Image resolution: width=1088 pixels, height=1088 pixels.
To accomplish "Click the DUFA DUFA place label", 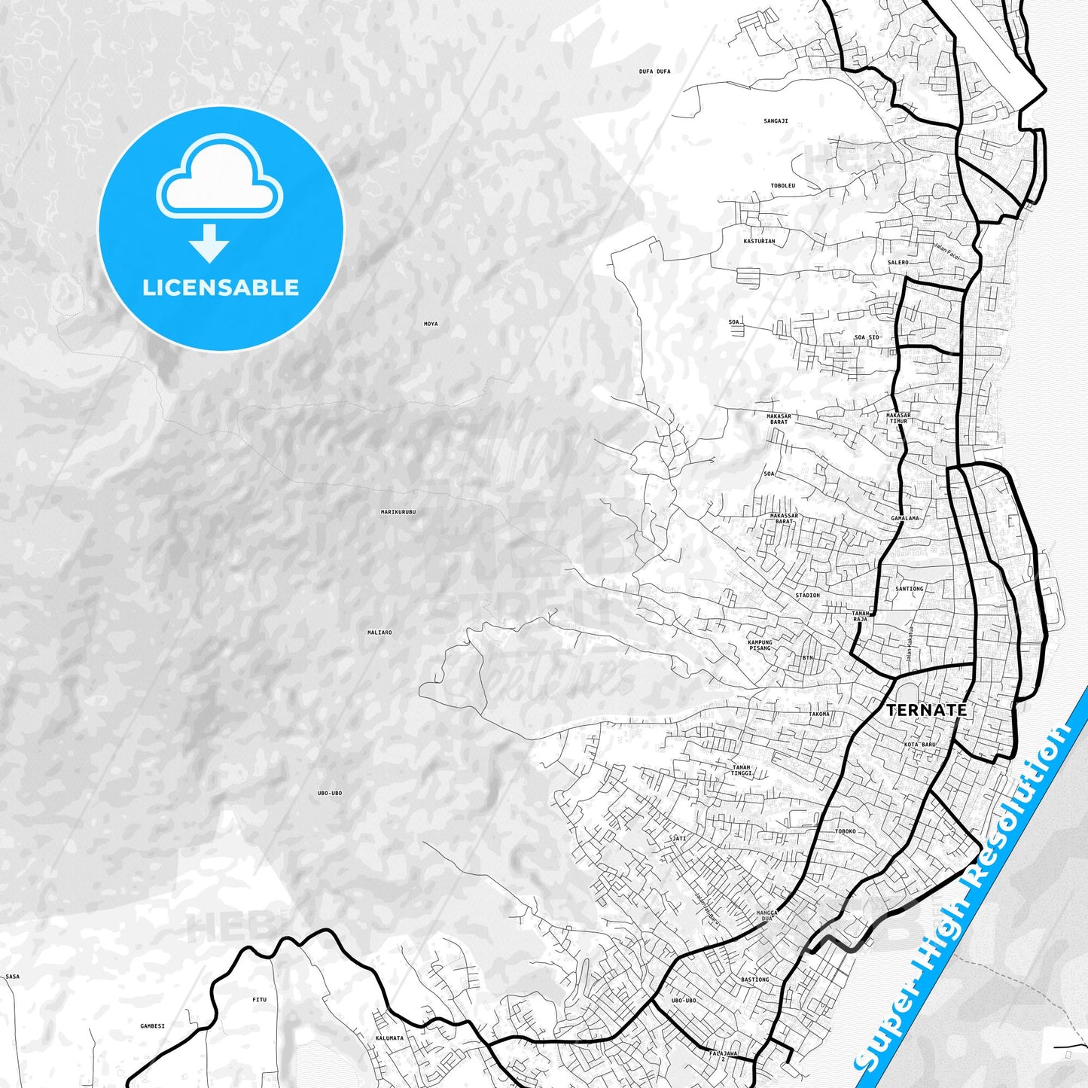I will tap(654, 72).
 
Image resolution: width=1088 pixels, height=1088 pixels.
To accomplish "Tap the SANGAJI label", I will tap(776, 121).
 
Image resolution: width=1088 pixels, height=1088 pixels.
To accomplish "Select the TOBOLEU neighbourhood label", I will tap(783, 185).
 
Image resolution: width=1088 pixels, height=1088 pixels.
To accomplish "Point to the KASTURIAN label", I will tap(759, 242).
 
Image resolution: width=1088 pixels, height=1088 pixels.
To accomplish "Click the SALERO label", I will tap(898, 263).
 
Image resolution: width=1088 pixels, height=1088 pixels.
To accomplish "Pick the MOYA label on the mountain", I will tap(431, 325).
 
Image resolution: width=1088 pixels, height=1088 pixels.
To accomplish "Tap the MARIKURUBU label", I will tap(398, 512).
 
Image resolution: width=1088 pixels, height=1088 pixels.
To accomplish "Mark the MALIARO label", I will tap(379, 632).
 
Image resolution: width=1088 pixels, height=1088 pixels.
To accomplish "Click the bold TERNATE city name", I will tap(926, 710).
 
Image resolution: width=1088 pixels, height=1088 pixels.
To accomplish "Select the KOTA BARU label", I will tap(919, 745).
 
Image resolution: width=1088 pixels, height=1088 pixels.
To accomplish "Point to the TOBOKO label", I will tap(846, 832).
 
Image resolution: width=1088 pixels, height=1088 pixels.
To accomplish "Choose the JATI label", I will tap(679, 838).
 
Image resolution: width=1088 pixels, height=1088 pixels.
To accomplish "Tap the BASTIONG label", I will tap(755, 980).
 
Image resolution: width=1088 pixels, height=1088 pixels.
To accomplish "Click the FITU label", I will tap(259, 1000).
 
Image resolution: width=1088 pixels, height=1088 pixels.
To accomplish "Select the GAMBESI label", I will tap(152, 1026).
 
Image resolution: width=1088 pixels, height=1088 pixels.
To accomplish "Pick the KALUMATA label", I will tap(389, 1038).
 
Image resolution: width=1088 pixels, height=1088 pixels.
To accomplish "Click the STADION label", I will tap(807, 596).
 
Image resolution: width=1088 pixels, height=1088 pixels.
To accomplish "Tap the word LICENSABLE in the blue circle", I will tap(221, 288).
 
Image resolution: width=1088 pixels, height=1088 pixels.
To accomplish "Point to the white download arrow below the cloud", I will tap(209, 243).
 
